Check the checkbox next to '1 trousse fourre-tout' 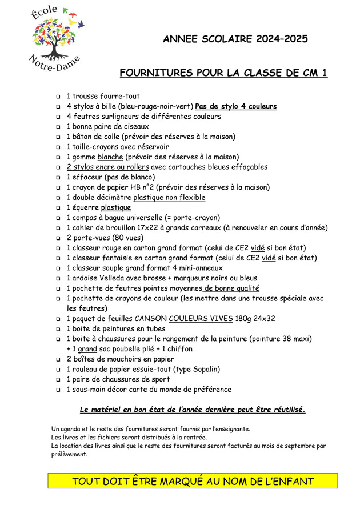58,97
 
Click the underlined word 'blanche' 110,157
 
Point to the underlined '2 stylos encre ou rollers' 107,167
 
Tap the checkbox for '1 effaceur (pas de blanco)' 58,178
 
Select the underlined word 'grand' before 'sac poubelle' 87,348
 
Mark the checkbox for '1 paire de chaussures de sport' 58,380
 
